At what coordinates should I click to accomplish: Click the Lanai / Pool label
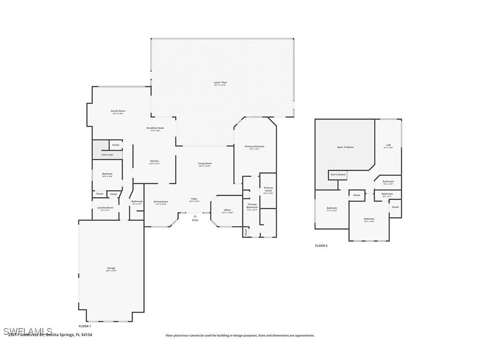pos(220,83)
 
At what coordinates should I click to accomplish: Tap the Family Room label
pos(118,111)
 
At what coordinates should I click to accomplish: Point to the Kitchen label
pos(154,161)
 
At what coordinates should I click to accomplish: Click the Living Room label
pos(205,164)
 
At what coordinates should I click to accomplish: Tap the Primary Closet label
pos(268,189)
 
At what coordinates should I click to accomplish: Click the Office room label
pos(227,210)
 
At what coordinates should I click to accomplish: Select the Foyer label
pos(194,199)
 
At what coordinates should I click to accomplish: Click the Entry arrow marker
pos(195,216)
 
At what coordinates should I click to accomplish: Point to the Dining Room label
pos(161,202)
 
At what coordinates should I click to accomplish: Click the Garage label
pos(111,268)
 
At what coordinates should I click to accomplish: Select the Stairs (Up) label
pos(107,155)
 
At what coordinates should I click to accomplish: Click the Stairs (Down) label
pos(338,175)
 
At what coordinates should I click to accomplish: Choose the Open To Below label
pos(345,147)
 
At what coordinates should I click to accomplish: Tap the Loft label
pos(389,145)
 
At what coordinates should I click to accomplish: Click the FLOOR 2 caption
pos(321,245)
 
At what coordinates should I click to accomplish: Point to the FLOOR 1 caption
pos(85,326)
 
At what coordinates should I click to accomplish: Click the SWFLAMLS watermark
pos(27,331)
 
